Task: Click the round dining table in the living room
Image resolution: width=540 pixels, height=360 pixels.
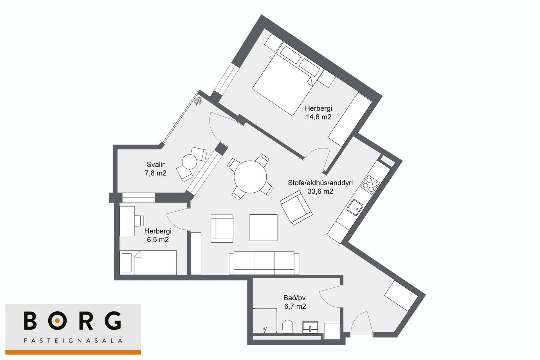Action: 250,177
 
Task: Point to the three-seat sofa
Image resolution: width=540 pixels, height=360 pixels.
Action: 264,263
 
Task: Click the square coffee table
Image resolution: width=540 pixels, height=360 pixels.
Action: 264,228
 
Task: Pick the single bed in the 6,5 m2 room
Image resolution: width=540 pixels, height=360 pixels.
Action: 148,262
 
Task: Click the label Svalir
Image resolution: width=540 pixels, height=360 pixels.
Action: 156,165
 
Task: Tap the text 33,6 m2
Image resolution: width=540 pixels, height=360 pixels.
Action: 320,192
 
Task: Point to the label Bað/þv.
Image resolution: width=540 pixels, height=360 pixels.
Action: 295,298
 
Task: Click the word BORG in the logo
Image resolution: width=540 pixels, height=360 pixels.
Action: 73,320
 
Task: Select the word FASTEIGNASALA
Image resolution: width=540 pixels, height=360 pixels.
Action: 73,341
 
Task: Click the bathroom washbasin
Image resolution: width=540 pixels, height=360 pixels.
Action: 310,327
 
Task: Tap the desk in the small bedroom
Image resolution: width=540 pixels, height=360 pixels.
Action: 127,221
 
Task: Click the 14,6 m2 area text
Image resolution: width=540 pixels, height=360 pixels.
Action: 319,117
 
